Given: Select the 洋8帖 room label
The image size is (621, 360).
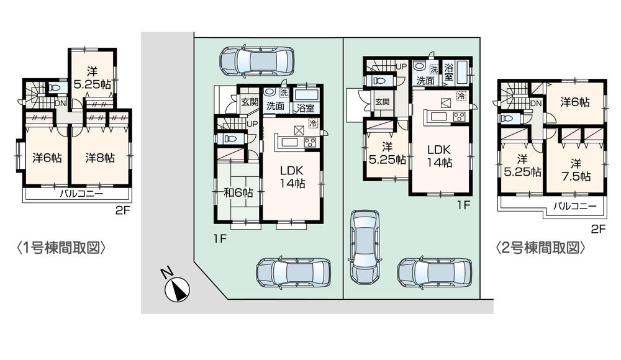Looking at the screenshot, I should (x=100, y=158).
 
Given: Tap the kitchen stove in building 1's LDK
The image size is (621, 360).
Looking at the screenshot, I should (x=310, y=142).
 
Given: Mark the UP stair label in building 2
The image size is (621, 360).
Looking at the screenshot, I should (x=401, y=66).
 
